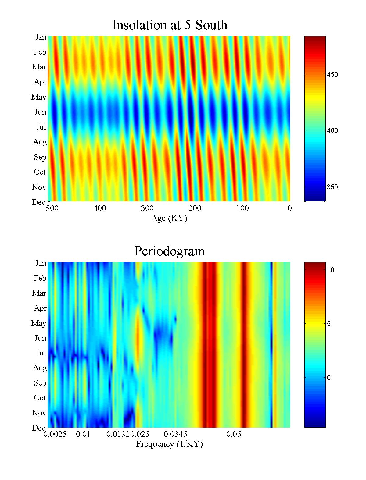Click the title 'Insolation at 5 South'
pyautogui.click(x=170, y=25)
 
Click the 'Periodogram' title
pyautogui.click(x=170, y=251)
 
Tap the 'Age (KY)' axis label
pyautogui.click(x=169, y=218)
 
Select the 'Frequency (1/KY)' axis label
pyautogui.click(x=169, y=444)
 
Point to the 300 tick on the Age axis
pyautogui.click(x=147, y=208)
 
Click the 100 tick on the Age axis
pyautogui.click(x=242, y=208)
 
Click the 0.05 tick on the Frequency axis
pyautogui.click(x=234, y=434)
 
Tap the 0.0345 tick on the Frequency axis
pyautogui.click(x=175, y=434)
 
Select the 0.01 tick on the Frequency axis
pyautogui.click(x=83, y=434)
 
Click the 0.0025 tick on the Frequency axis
pyautogui.click(x=55, y=434)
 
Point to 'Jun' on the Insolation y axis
pyautogui.click(x=40, y=112)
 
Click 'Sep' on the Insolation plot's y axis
pyautogui.click(x=40, y=157)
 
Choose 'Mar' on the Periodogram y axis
pyautogui.click(x=39, y=293)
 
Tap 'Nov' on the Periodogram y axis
pyautogui.click(x=39, y=413)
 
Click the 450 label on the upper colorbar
pyautogui.click(x=332, y=75)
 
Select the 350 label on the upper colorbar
pyautogui.click(x=332, y=187)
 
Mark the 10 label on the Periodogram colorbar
pyautogui.click(x=331, y=270)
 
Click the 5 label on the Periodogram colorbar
pyautogui.click(x=329, y=324)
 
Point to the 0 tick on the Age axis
pyautogui.click(x=289, y=208)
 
